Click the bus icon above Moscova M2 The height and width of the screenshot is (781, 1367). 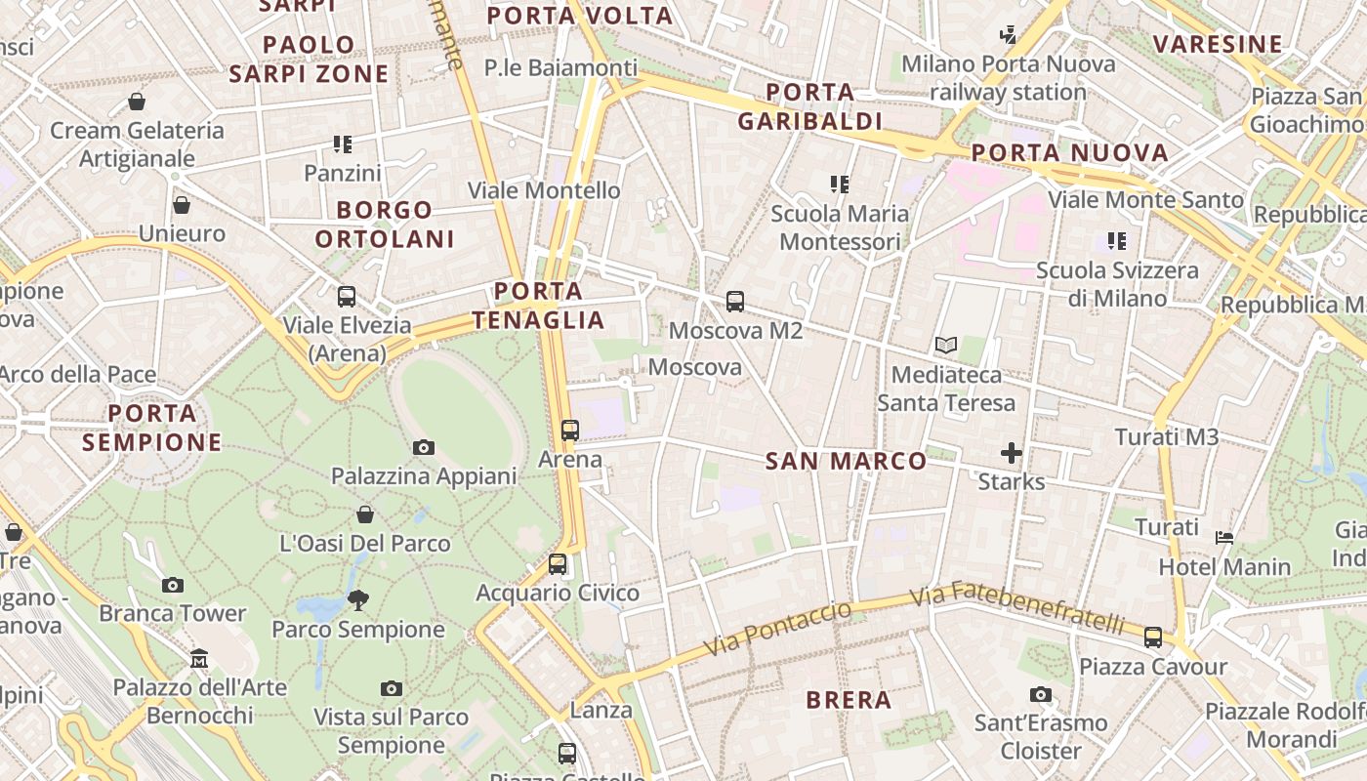(x=735, y=302)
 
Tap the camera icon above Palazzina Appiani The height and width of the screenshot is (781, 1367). (x=423, y=447)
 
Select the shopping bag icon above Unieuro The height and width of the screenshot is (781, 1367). (x=182, y=205)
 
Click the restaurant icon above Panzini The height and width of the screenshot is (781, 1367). (x=343, y=144)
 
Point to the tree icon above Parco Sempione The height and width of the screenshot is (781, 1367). (x=358, y=599)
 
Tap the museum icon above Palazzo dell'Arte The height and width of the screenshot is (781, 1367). (x=199, y=658)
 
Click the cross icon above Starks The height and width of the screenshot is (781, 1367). (x=1011, y=453)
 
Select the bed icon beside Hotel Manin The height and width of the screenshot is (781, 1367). (x=1224, y=537)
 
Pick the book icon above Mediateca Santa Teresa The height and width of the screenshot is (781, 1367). (x=945, y=345)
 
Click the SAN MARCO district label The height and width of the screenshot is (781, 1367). (x=846, y=461)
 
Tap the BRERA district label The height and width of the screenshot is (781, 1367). (x=849, y=700)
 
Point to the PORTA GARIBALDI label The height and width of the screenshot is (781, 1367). (x=810, y=106)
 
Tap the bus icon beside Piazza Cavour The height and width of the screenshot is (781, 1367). (x=1153, y=637)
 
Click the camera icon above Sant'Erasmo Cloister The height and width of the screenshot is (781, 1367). (x=1041, y=694)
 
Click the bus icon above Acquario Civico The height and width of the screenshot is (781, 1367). (x=558, y=563)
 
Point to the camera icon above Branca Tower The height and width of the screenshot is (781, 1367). (x=173, y=585)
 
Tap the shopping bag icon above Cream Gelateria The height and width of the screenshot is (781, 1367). (x=137, y=102)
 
